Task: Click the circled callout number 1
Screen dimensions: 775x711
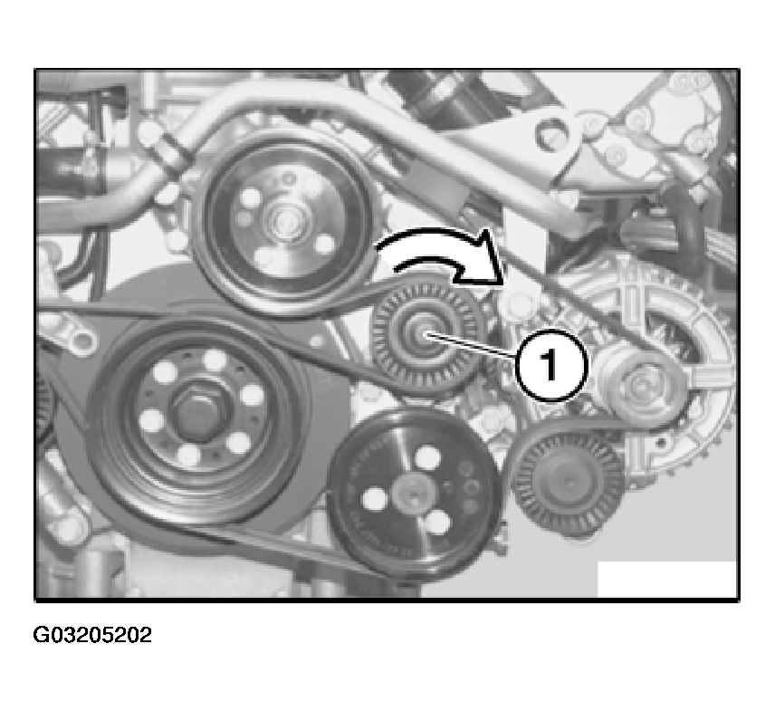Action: [551, 365]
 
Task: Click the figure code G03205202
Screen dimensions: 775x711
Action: [92, 635]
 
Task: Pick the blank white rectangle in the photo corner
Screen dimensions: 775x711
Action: [666, 579]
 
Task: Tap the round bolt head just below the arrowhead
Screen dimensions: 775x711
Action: [513, 303]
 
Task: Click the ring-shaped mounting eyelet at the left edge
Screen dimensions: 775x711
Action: [82, 341]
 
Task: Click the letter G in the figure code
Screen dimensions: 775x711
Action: [40, 635]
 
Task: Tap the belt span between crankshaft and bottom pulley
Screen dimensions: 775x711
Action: [277, 543]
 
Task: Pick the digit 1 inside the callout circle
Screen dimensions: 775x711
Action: [550, 365]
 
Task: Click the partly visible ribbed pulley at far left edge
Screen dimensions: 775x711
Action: [45, 409]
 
